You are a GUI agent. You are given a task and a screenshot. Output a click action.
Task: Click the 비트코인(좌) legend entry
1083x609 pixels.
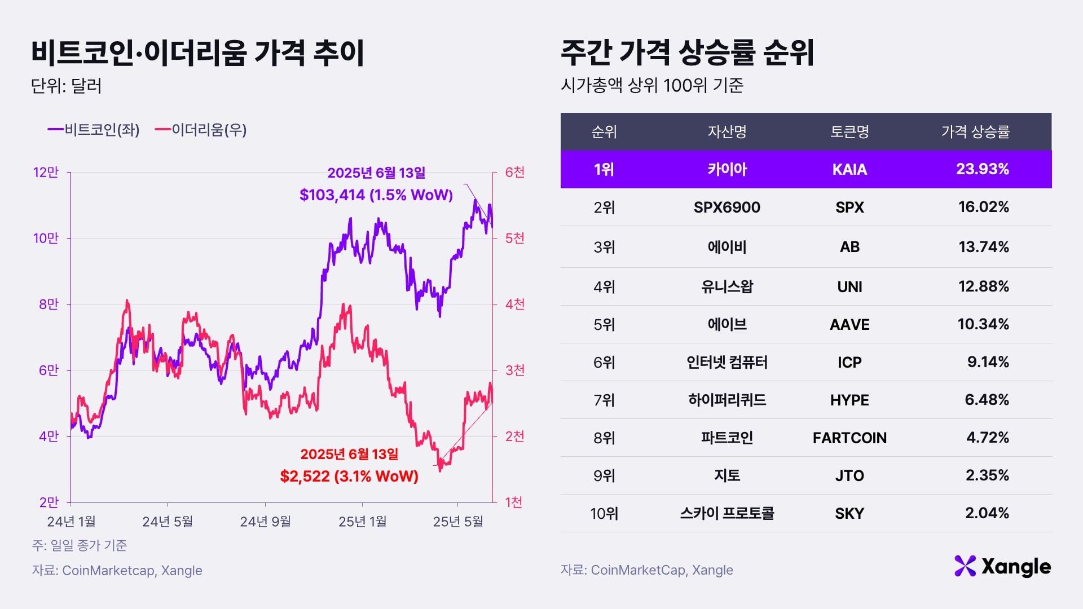click(94, 130)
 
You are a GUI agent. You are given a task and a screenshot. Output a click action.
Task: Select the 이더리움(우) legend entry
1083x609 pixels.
click(201, 130)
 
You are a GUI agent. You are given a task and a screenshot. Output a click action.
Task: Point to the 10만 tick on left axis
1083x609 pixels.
click(46, 239)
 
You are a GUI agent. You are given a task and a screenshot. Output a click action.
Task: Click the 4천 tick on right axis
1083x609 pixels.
click(514, 304)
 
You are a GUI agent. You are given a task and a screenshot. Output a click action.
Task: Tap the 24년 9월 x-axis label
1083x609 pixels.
click(265, 522)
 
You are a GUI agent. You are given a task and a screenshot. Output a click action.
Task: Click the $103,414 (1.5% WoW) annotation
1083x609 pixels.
click(376, 195)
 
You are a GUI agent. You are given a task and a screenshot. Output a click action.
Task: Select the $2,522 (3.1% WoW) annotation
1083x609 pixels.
click(349, 476)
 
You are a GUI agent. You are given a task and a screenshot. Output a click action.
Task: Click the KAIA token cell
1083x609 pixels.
click(849, 170)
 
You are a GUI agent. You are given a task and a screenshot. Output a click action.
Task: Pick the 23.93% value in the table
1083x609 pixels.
click(982, 169)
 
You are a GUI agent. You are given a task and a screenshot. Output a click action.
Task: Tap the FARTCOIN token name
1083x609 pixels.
click(849, 438)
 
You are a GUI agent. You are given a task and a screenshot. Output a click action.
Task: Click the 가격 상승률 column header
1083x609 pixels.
click(975, 132)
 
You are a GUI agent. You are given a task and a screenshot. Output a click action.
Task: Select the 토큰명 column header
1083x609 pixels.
click(849, 132)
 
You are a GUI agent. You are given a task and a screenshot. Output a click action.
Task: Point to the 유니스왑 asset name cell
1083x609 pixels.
click(727, 287)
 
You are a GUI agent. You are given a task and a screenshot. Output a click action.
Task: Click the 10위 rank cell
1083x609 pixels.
click(604, 514)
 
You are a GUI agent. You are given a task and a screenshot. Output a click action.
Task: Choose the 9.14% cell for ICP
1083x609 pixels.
click(988, 362)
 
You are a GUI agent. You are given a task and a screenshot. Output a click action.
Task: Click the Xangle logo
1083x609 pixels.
click(1002, 567)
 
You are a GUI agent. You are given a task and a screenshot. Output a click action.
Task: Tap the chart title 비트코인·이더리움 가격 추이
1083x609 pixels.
click(197, 54)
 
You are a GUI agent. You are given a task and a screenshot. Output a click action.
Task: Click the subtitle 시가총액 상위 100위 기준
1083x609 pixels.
click(652, 86)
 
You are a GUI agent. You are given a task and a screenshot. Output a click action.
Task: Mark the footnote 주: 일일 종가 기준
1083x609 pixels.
click(80, 545)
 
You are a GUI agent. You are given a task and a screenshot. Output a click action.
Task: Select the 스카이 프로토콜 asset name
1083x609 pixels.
click(727, 514)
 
